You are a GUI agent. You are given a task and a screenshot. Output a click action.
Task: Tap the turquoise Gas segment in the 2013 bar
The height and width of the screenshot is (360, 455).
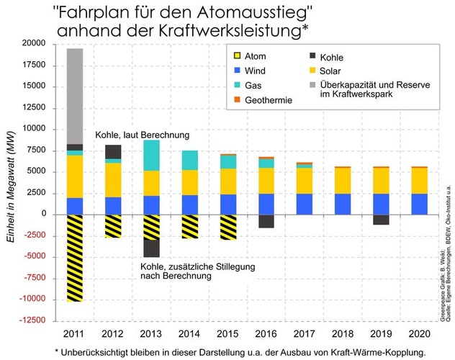coord(151,155)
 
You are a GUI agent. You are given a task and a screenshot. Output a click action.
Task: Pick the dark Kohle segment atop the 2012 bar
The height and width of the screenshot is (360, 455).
coord(113,152)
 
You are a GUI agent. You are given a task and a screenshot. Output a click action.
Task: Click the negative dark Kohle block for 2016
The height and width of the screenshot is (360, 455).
coord(266,221)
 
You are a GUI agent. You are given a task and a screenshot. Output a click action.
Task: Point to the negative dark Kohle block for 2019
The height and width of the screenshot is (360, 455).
coord(381,220)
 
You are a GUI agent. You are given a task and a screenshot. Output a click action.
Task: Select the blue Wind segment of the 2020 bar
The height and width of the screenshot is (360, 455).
coord(419,204)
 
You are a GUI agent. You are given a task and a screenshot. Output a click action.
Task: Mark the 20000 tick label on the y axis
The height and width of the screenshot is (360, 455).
coord(34,44)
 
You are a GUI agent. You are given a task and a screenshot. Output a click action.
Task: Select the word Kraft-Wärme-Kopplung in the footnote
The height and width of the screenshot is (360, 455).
coord(359,351)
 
